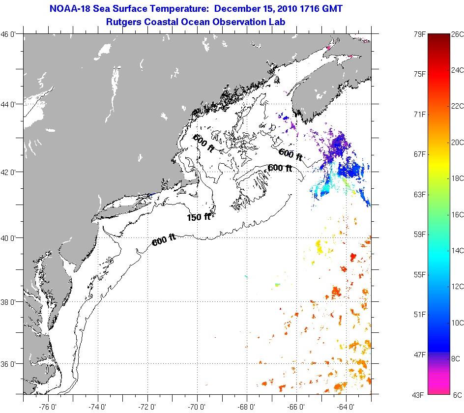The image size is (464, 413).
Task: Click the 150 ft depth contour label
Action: pyautogui.click(x=199, y=217)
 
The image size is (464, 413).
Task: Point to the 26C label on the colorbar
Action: pyautogui.click(x=457, y=34)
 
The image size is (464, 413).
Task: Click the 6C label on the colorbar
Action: pyautogui.click(x=457, y=395)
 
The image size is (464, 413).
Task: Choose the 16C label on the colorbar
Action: pyautogui.click(x=457, y=214)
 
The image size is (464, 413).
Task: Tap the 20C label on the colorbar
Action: pyautogui.click(x=457, y=143)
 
